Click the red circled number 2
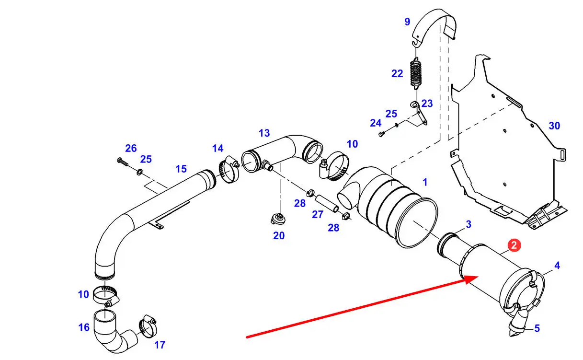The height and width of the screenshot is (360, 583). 514,245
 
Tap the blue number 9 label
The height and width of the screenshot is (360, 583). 407,22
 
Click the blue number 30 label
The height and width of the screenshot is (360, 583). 554,126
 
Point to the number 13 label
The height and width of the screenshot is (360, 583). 264,133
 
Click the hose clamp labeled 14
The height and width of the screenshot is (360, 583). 229,169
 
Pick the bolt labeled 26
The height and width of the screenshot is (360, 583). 123,162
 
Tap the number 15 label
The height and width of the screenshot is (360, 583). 181,169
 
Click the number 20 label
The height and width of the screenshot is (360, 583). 279,236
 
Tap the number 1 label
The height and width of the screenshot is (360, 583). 425,182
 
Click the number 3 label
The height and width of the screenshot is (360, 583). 469,224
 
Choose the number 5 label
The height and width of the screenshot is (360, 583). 537,328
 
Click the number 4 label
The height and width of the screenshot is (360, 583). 557,266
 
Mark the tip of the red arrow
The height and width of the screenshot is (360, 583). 479,277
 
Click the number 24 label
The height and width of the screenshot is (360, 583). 376,123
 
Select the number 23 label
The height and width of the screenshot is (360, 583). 427,104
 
